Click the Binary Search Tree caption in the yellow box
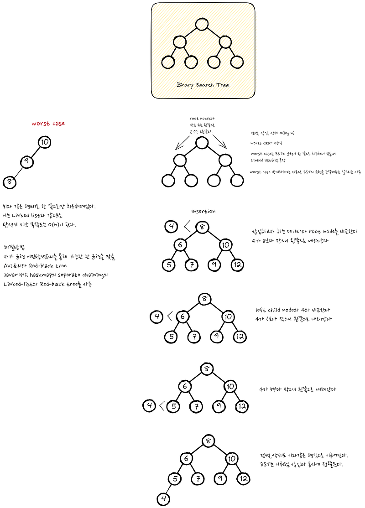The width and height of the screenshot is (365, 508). (203, 85)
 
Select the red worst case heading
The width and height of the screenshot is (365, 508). (48, 124)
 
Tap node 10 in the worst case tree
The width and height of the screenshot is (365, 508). (44, 142)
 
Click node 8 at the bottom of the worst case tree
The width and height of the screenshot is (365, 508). (10, 182)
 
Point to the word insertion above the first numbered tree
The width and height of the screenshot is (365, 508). (203, 211)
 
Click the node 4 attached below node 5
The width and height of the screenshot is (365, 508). (163, 498)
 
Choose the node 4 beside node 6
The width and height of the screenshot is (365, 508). (156, 316)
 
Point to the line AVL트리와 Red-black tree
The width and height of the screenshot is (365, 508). (35, 265)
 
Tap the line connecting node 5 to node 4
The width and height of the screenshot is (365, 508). (169, 488)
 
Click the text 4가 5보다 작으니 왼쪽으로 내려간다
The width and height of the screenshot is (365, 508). (297, 389)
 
